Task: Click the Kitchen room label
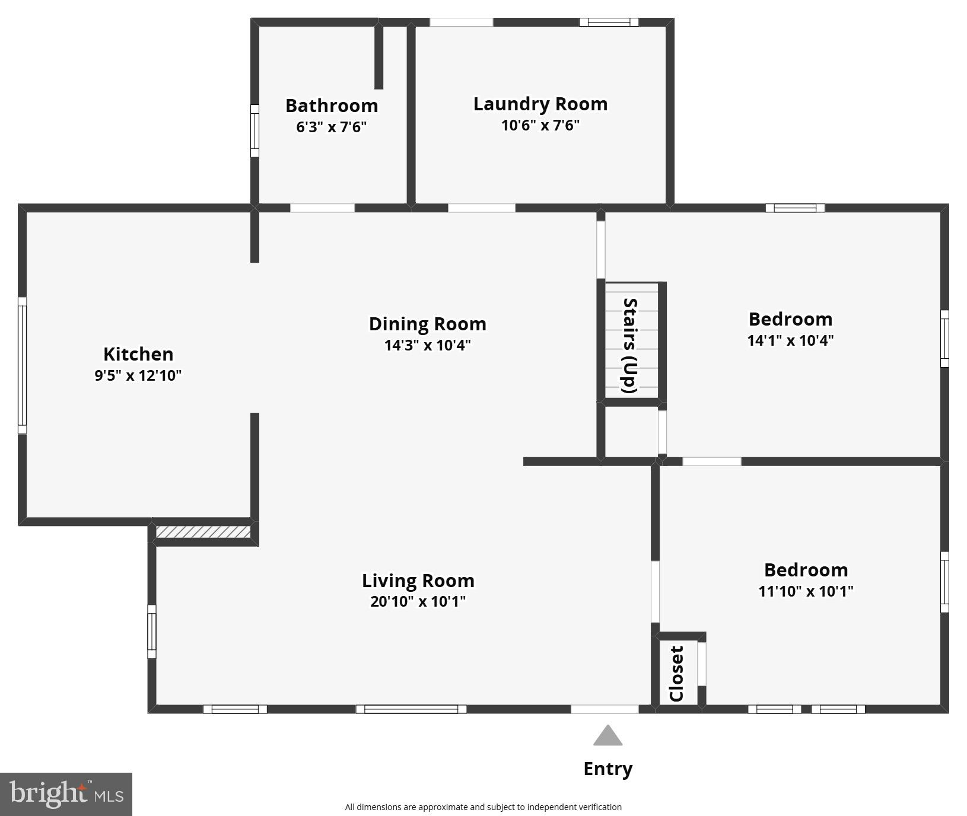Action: (x=138, y=354)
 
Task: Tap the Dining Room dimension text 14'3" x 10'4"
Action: (x=427, y=345)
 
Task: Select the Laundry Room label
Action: (x=540, y=104)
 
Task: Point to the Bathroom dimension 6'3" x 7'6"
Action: (x=331, y=127)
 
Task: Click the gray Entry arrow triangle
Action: (x=607, y=736)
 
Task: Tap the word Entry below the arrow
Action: (x=607, y=769)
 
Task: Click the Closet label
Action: (x=677, y=673)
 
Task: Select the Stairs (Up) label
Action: (x=629, y=345)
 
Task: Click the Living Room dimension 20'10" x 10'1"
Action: (x=418, y=601)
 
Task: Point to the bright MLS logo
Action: (x=66, y=794)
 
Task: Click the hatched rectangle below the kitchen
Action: (x=203, y=531)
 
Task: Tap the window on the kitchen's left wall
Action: (x=22, y=365)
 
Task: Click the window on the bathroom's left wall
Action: (x=255, y=131)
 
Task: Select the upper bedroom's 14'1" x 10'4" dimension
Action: (x=790, y=340)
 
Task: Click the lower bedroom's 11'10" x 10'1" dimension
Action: (x=806, y=591)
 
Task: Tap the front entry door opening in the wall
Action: (x=605, y=709)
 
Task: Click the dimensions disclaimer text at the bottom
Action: (x=483, y=807)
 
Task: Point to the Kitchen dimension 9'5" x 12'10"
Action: (x=138, y=375)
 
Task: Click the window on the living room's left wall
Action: (x=152, y=632)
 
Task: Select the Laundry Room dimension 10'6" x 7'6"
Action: (x=540, y=125)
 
